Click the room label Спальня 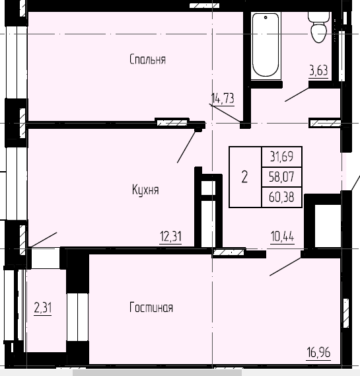[x=147, y=59]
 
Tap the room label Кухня [x=145, y=190]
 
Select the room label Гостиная [x=151, y=307]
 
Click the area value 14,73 [x=223, y=99]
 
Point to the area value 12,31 [x=170, y=236]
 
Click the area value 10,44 [x=282, y=236]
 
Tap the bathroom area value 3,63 [x=318, y=69]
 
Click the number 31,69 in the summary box [x=281, y=157]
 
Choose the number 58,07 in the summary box [x=281, y=176]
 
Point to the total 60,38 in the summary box [x=281, y=196]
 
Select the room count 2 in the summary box [x=245, y=176]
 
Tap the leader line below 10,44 [x=285, y=264]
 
